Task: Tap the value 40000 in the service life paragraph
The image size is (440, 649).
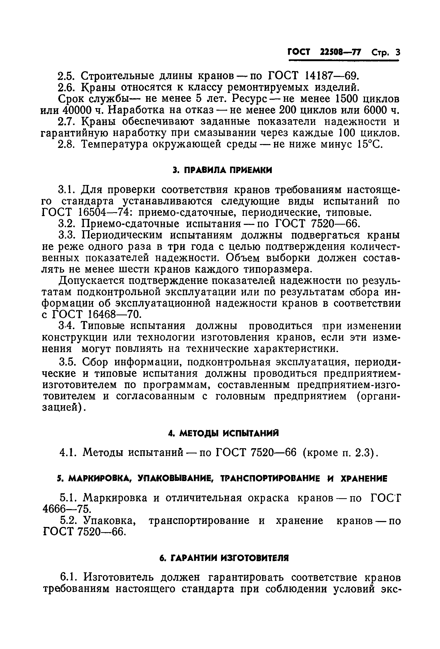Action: (x=78, y=110)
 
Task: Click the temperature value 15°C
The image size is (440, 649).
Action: (x=369, y=144)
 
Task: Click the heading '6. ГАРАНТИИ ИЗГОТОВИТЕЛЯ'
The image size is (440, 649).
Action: (x=224, y=558)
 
